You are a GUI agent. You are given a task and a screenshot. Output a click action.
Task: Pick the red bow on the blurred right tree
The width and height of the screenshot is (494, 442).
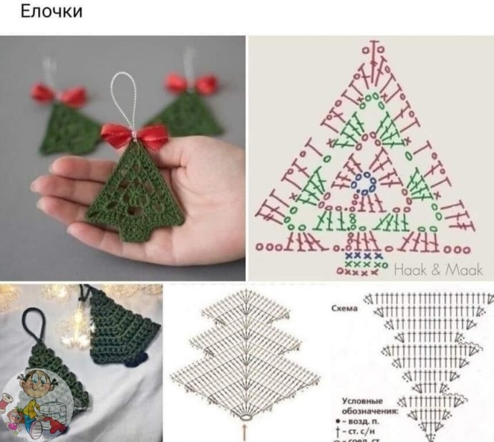point(192,84)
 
